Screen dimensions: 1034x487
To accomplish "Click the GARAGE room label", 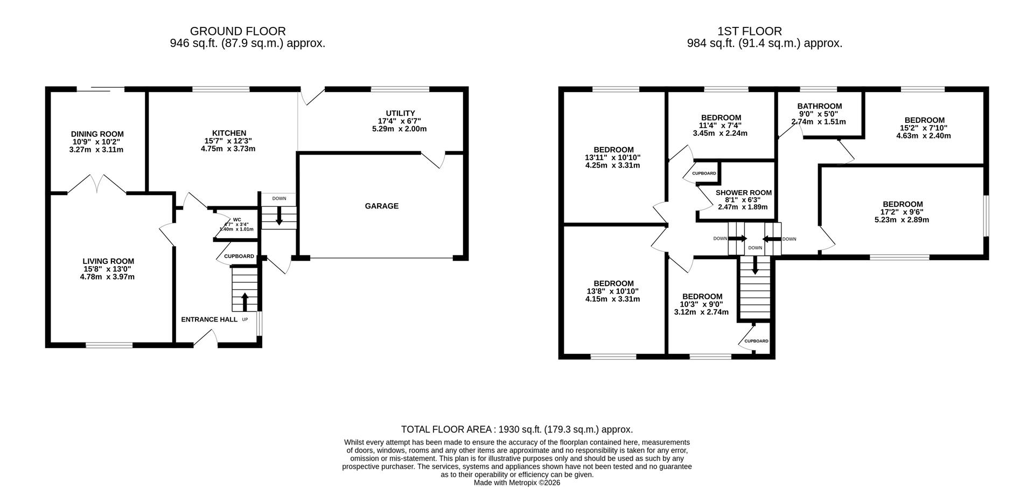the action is click(382, 206).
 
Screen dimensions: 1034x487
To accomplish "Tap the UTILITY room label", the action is click(400, 113).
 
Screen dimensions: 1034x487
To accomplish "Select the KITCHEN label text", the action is click(229, 133).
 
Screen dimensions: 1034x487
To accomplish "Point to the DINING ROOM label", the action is click(97, 134).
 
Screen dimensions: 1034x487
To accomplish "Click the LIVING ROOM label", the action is click(108, 262).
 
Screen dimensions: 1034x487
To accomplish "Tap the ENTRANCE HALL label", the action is click(209, 319).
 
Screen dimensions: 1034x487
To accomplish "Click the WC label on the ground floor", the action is click(237, 220).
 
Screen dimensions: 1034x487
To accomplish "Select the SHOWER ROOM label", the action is click(744, 193).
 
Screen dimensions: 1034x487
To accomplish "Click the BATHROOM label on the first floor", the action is click(820, 106).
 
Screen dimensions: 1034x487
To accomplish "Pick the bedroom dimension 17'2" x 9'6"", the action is click(903, 212).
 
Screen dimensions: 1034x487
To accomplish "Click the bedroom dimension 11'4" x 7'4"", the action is click(721, 126).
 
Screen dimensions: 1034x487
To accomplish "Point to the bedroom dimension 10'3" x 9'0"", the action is click(702, 304).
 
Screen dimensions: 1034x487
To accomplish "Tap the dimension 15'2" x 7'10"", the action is click(924, 128).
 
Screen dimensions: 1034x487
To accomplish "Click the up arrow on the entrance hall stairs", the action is click(245, 302).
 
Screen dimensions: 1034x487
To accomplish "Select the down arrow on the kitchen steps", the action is click(279, 215).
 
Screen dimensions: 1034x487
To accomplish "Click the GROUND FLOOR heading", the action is click(238, 31).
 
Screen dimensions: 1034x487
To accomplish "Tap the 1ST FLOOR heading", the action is click(750, 31).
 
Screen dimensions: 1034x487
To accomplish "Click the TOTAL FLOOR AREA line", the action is click(517, 429).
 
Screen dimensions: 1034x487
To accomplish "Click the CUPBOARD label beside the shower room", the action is click(704, 173).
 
